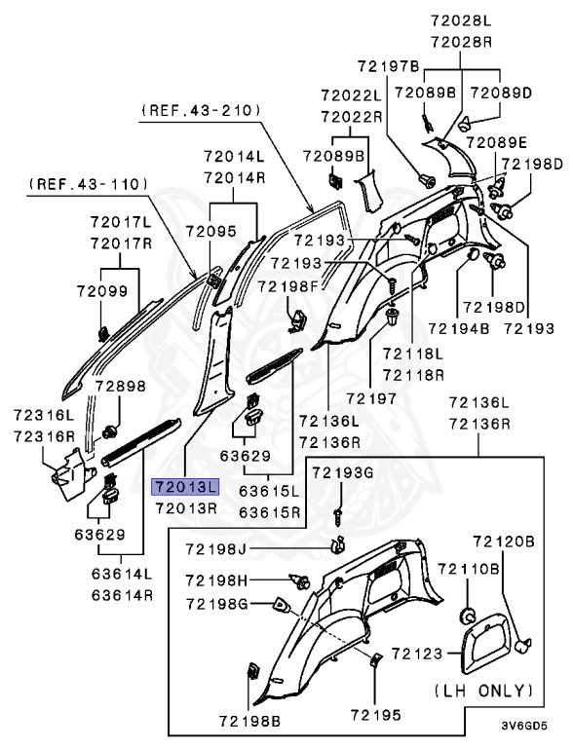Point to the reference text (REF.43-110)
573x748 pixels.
(x=89, y=183)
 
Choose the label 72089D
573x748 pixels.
(x=501, y=93)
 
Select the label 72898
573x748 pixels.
(x=120, y=386)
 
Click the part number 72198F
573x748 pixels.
(x=287, y=285)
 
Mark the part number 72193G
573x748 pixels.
(x=342, y=472)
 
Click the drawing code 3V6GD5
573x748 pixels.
(x=524, y=726)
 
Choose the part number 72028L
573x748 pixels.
(x=465, y=20)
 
